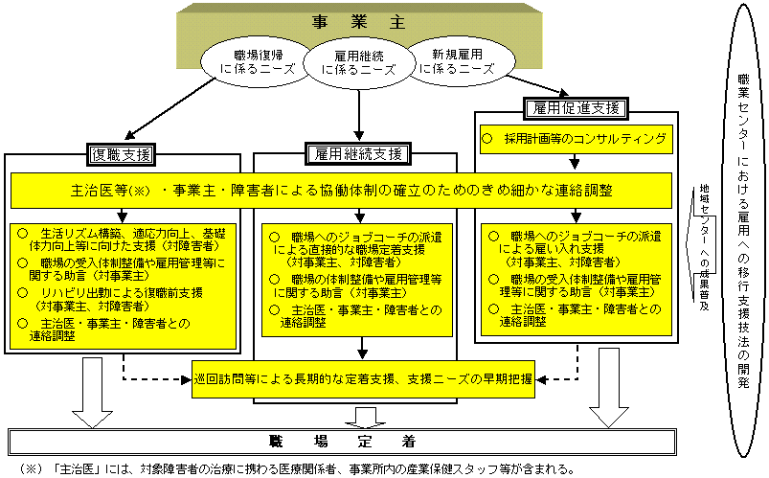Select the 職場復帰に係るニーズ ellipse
coord(251,63)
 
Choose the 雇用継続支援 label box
coord(359,153)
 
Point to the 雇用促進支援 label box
coord(574,107)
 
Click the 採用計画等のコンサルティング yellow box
coord(575,139)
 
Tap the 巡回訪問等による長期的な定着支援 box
coord(363,377)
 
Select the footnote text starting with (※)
coord(287,469)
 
